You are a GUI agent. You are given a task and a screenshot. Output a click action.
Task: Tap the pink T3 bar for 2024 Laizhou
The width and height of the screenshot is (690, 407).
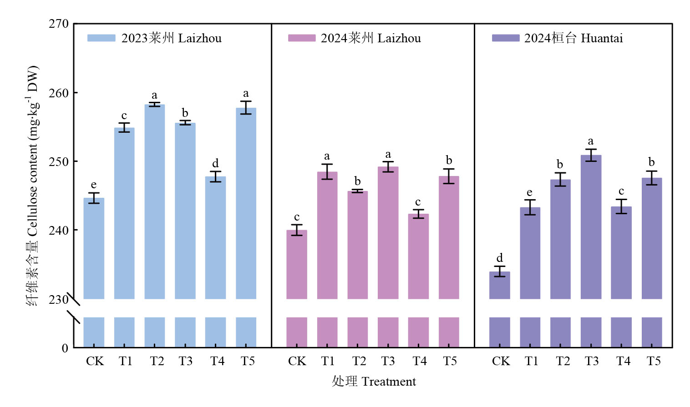[388, 232]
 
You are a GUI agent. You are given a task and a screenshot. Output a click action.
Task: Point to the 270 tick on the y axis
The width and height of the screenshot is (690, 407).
[59, 24]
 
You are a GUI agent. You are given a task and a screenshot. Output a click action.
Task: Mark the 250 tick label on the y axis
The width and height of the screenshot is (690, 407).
[59, 161]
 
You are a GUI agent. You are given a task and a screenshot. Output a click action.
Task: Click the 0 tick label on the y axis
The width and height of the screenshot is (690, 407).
[65, 348]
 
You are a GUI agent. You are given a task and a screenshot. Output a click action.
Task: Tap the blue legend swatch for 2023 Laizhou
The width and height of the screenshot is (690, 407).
[101, 38]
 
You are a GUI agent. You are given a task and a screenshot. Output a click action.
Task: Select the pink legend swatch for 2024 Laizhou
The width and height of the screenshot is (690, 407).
[301, 38]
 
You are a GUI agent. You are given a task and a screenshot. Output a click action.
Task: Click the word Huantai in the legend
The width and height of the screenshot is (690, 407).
[602, 38]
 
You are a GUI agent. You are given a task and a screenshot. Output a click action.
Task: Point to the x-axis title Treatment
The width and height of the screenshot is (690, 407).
[389, 382]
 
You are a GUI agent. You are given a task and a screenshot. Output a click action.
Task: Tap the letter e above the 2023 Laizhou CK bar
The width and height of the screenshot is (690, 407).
[94, 185]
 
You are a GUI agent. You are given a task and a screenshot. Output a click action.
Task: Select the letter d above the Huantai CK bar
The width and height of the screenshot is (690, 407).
[499, 258]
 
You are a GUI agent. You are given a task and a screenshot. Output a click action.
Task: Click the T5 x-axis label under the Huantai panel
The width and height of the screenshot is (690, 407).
[653, 361]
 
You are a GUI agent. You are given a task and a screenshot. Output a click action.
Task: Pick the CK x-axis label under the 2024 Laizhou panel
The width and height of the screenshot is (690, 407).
[297, 361]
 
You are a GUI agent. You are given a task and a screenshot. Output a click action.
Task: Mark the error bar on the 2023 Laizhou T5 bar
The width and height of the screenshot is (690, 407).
[246, 108]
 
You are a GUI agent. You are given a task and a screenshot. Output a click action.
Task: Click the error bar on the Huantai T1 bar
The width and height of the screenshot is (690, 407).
[530, 207]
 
